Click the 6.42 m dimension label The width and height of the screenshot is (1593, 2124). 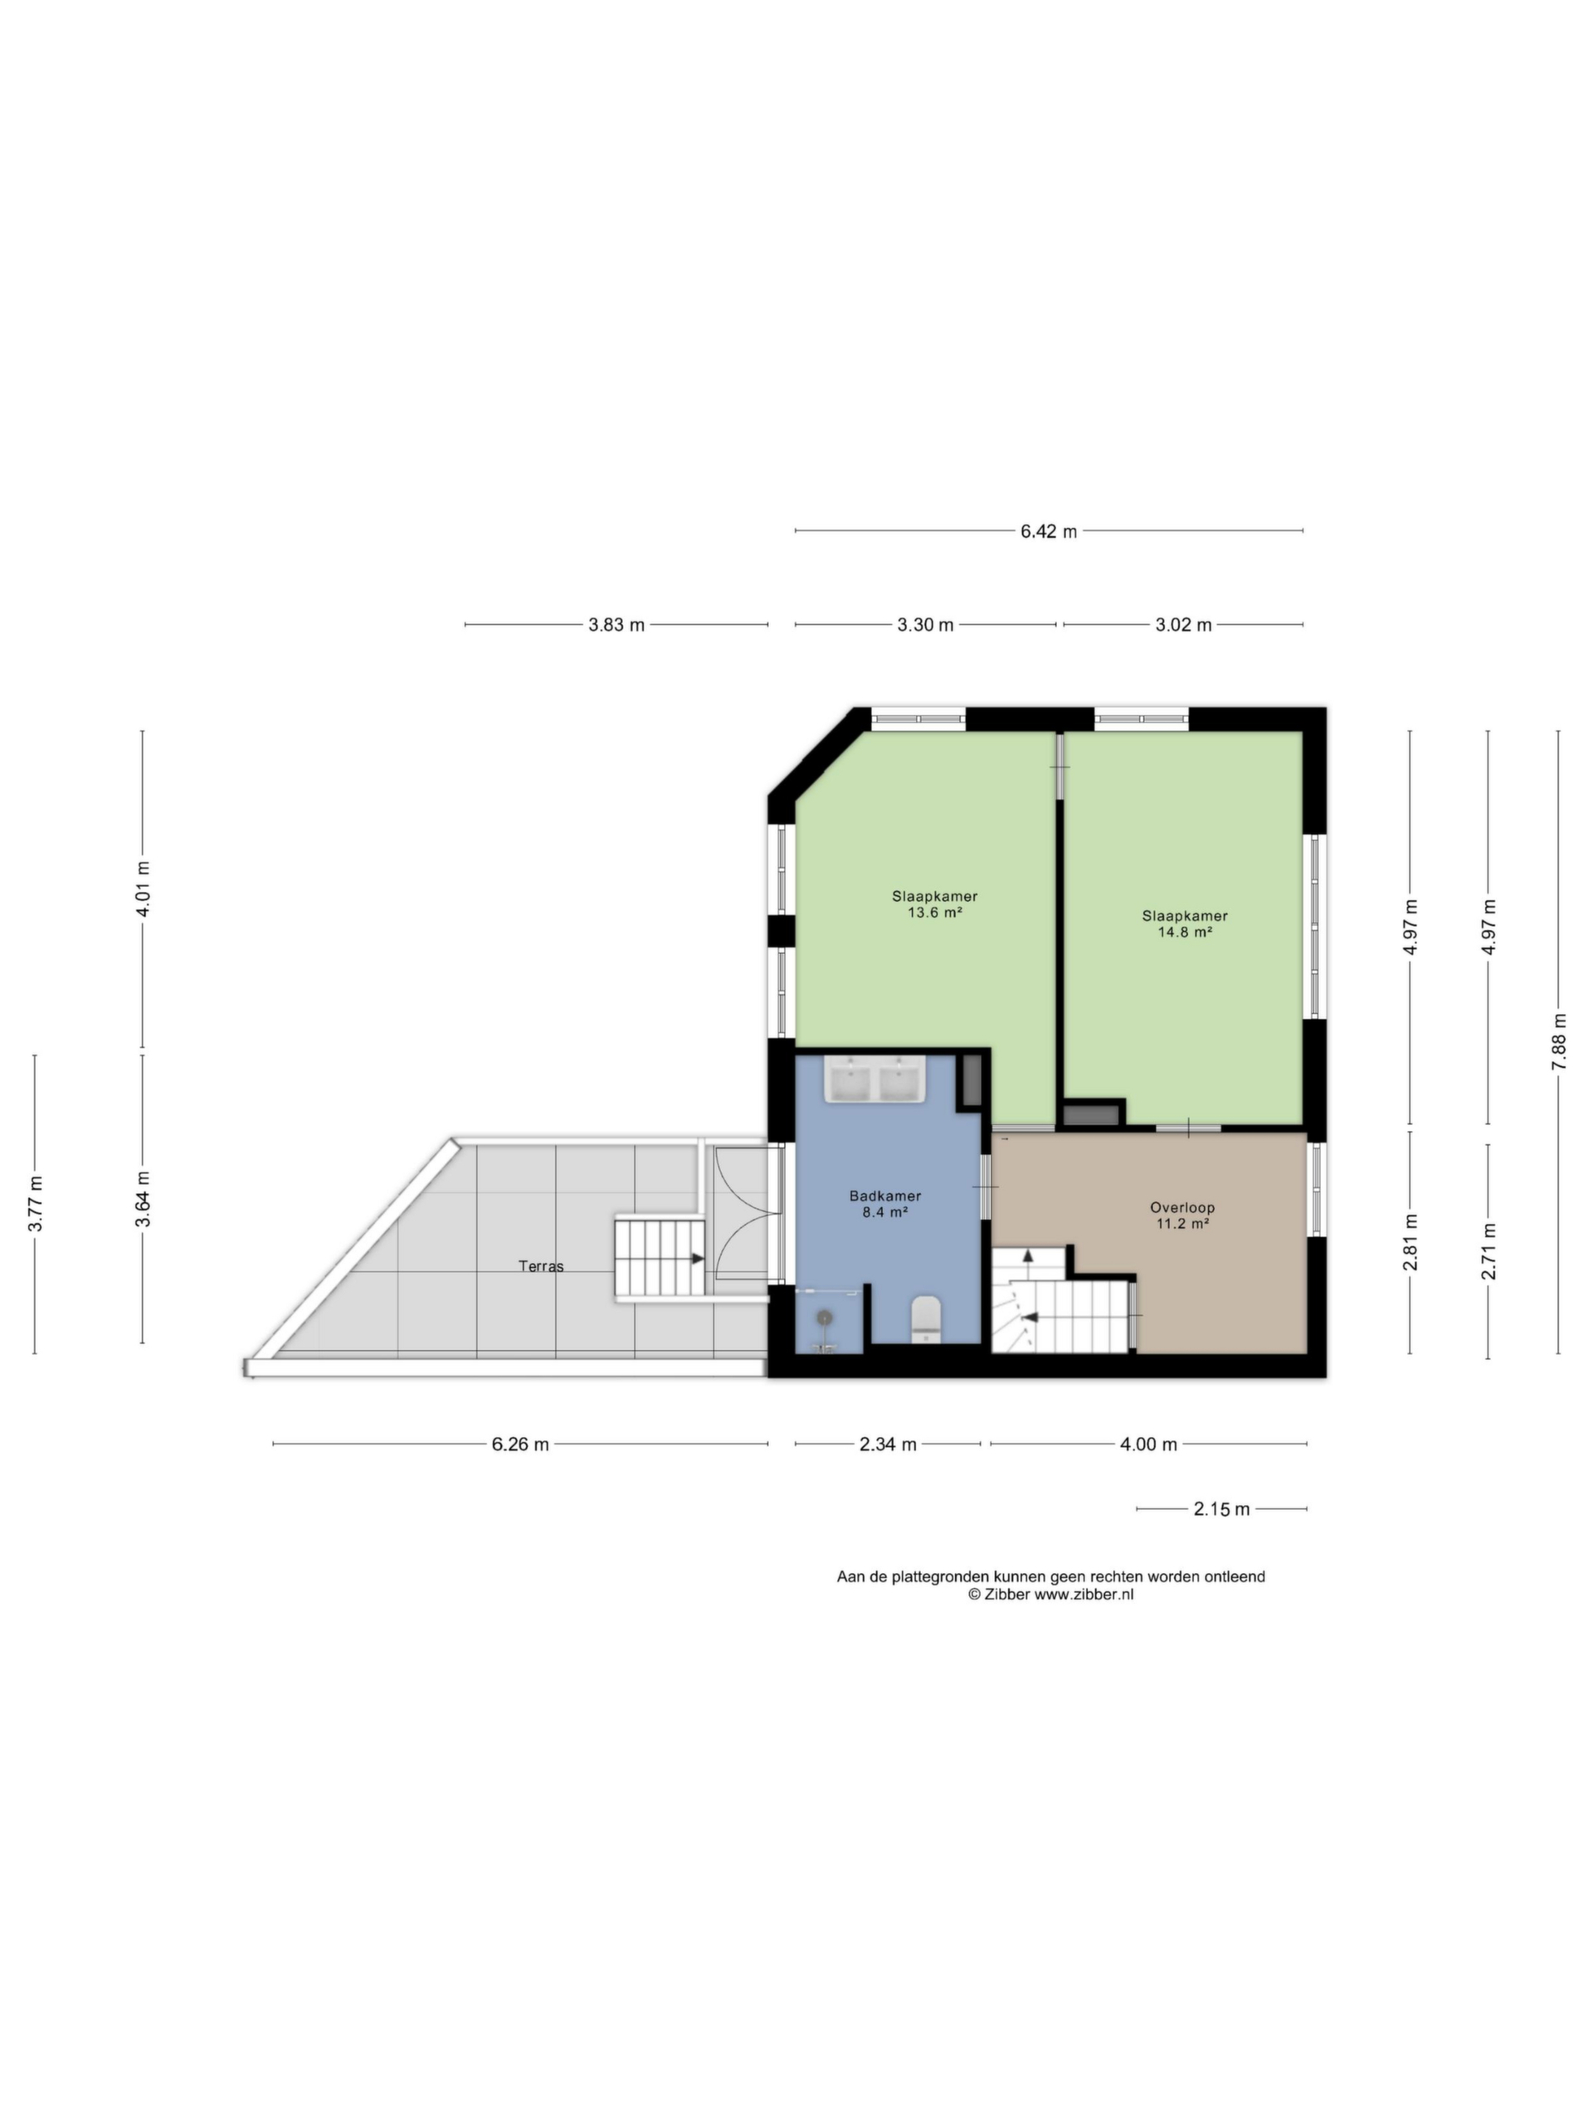(x=1049, y=531)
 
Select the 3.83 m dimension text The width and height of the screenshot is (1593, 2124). (x=616, y=625)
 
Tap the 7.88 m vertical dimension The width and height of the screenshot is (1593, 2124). (x=1558, y=1043)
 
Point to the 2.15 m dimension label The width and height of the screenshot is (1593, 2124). (x=1221, y=1509)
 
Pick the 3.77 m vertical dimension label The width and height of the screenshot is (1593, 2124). (x=36, y=1204)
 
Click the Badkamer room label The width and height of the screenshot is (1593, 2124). (x=885, y=1196)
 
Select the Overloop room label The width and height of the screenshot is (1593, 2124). (x=1182, y=1208)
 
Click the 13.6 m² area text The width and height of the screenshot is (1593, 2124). (x=935, y=913)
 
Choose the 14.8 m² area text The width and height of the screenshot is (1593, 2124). (x=1185, y=932)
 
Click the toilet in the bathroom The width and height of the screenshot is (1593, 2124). (x=926, y=1318)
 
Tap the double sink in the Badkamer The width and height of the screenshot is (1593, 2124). (x=874, y=1079)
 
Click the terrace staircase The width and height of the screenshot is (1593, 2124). (x=660, y=1259)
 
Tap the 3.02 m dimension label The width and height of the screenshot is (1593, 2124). (x=1183, y=625)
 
